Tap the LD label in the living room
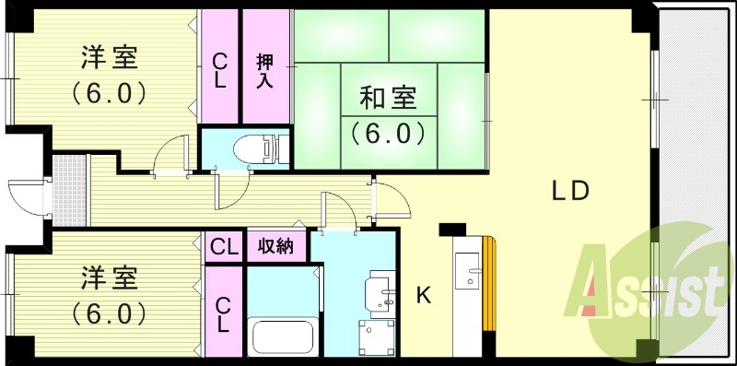coord(570,191)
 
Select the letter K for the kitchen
coord(424,296)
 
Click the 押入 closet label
coord(264,71)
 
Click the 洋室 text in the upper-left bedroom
coord(108,58)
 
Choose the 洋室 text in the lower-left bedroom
coord(108,277)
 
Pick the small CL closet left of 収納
coord(224,247)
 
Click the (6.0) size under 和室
coord(387,132)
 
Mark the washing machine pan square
coord(377,336)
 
